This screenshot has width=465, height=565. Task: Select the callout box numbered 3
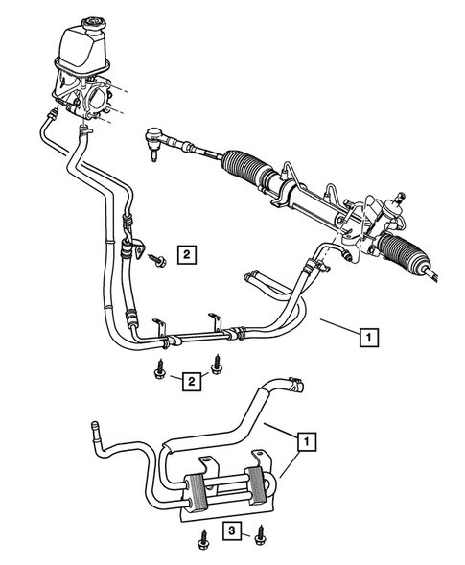[232, 530]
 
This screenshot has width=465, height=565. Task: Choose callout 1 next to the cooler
[306, 442]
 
